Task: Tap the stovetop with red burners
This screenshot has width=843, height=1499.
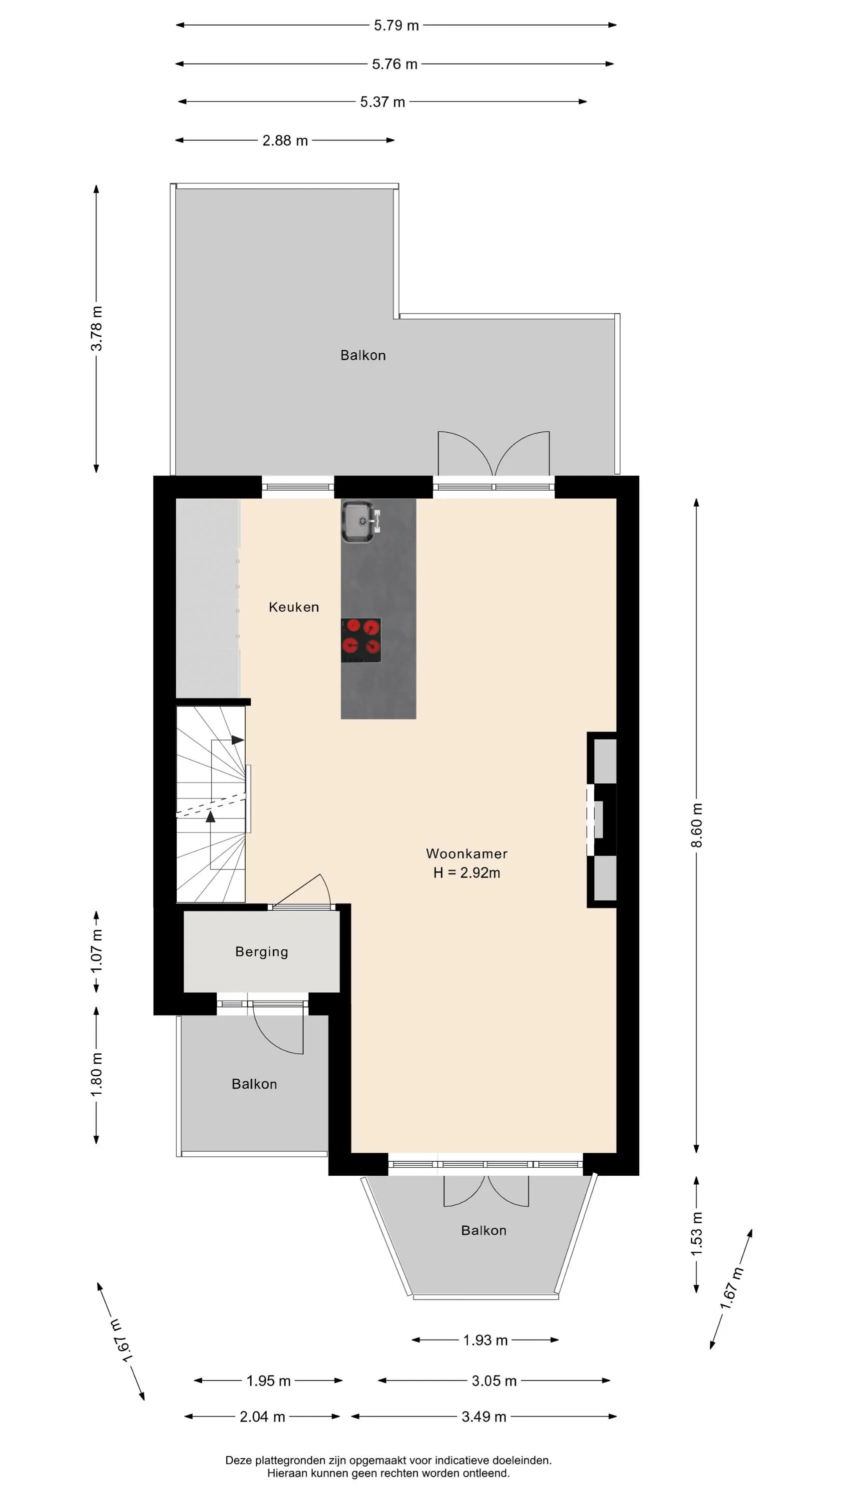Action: point(361,640)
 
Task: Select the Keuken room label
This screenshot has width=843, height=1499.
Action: point(294,607)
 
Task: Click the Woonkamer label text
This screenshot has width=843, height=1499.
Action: point(466,853)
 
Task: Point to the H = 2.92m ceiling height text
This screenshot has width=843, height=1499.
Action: point(466,873)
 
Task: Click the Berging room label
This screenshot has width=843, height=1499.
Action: point(262,952)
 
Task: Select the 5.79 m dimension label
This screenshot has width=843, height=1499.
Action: point(396,25)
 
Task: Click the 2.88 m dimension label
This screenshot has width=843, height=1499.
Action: point(285,140)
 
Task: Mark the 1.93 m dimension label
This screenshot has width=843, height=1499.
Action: point(485,1340)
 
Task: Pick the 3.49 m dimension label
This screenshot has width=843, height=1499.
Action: point(484,1417)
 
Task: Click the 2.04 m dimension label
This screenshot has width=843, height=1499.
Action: point(262,1417)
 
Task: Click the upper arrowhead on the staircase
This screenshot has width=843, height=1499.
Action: point(238,740)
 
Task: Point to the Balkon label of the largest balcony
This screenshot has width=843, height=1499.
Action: point(363,355)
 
